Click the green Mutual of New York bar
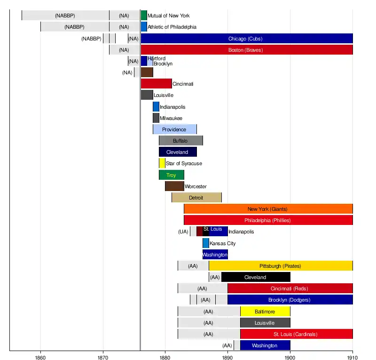pyautogui.click(x=144, y=16)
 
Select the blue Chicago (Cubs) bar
pyautogui.click(x=246, y=39)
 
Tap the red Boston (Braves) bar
pyautogui.click(x=246, y=50)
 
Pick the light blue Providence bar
pyautogui.click(x=174, y=129)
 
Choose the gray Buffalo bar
pyautogui.click(x=180, y=141)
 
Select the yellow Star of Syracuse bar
pyautogui.click(x=162, y=163)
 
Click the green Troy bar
pyautogui.click(x=171, y=175)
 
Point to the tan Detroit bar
pyautogui.click(x=196, y=198)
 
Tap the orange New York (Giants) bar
pyautogui.click(x=268, y=209)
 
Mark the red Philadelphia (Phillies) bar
pyautogui.click(x=268, y=220)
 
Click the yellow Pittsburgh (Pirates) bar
pyautogui.click(x=281, y=266)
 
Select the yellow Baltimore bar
pyautogui.click(x=265, y=312)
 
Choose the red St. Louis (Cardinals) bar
pyautogui.click(x=296, y=334)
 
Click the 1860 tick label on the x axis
pyautogui.click(x=40, y=356)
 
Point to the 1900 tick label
pyautogui.click(x=290, y=356)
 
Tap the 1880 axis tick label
pyautogui.click(x=165, y=356)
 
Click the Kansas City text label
pyautogui.click(x=222, y=243)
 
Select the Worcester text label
pyautogui.click(x=196, y=186)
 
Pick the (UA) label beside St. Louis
pyautogui.click(x=183, y=232)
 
